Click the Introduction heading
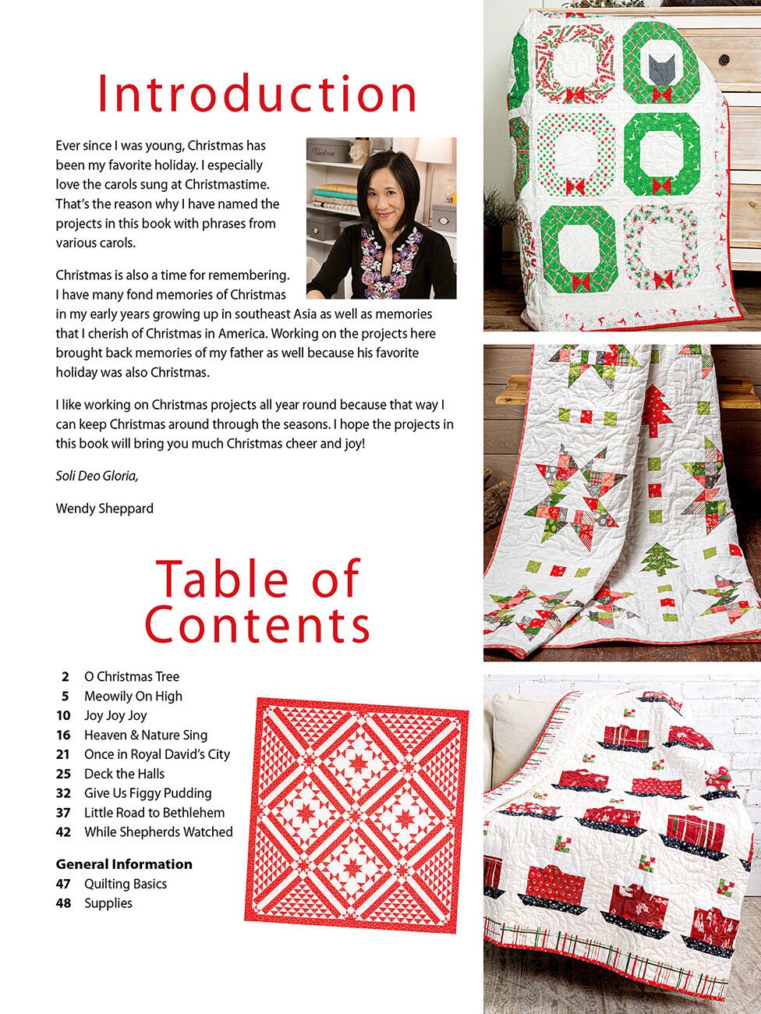(257, 95)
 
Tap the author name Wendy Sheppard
(104, 509)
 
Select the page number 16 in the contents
(63, 735)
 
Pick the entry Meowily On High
(133, 696)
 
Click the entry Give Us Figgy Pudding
(147, 793)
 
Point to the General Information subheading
(124, 864)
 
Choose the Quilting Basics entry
(125, 884)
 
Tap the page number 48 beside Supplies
(63, 903)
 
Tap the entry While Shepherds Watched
(158, 832)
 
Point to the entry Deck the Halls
(124, 774)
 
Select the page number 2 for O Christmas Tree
(65, 677)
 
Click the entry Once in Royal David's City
(157, 754)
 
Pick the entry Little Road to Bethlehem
(154, 813)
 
